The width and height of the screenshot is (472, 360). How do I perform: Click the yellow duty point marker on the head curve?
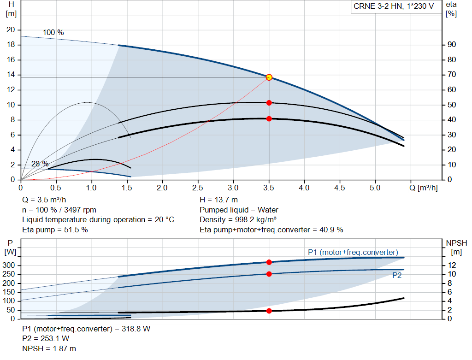[x=269, y=77]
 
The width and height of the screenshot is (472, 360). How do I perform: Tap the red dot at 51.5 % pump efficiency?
[x=269, y=103]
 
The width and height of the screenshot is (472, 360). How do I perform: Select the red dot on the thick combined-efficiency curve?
[x=269, y=119]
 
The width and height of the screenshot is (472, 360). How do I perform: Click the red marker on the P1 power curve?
[x=269, y=262]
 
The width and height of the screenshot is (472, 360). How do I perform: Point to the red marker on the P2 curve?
[x=269, y=274]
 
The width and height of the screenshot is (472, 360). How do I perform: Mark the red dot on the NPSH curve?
[x=269, y=311]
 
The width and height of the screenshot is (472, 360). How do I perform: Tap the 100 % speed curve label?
[x=53, y=33]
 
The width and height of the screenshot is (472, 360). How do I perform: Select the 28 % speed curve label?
[x=40, y=164]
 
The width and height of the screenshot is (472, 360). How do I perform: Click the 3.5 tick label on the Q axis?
[x=269, y=188]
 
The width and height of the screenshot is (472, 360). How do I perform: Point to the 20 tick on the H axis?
[x=11, y=30]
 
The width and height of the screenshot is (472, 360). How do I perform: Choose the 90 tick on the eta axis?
[x=452, y=45]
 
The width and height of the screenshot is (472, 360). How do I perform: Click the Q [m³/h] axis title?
[x=424, y=188]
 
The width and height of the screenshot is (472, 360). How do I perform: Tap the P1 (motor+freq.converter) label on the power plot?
[x=353, y=252]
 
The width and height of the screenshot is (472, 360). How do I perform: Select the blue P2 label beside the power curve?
[x=397, y=276]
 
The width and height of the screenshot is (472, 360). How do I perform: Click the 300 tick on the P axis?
[x=8, y=266]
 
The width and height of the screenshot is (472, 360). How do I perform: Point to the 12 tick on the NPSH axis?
[x=452, y=265]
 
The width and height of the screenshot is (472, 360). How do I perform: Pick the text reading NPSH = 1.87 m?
[x=49, y=348]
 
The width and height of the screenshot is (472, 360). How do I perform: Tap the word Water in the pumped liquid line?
[x=268, y=210]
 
